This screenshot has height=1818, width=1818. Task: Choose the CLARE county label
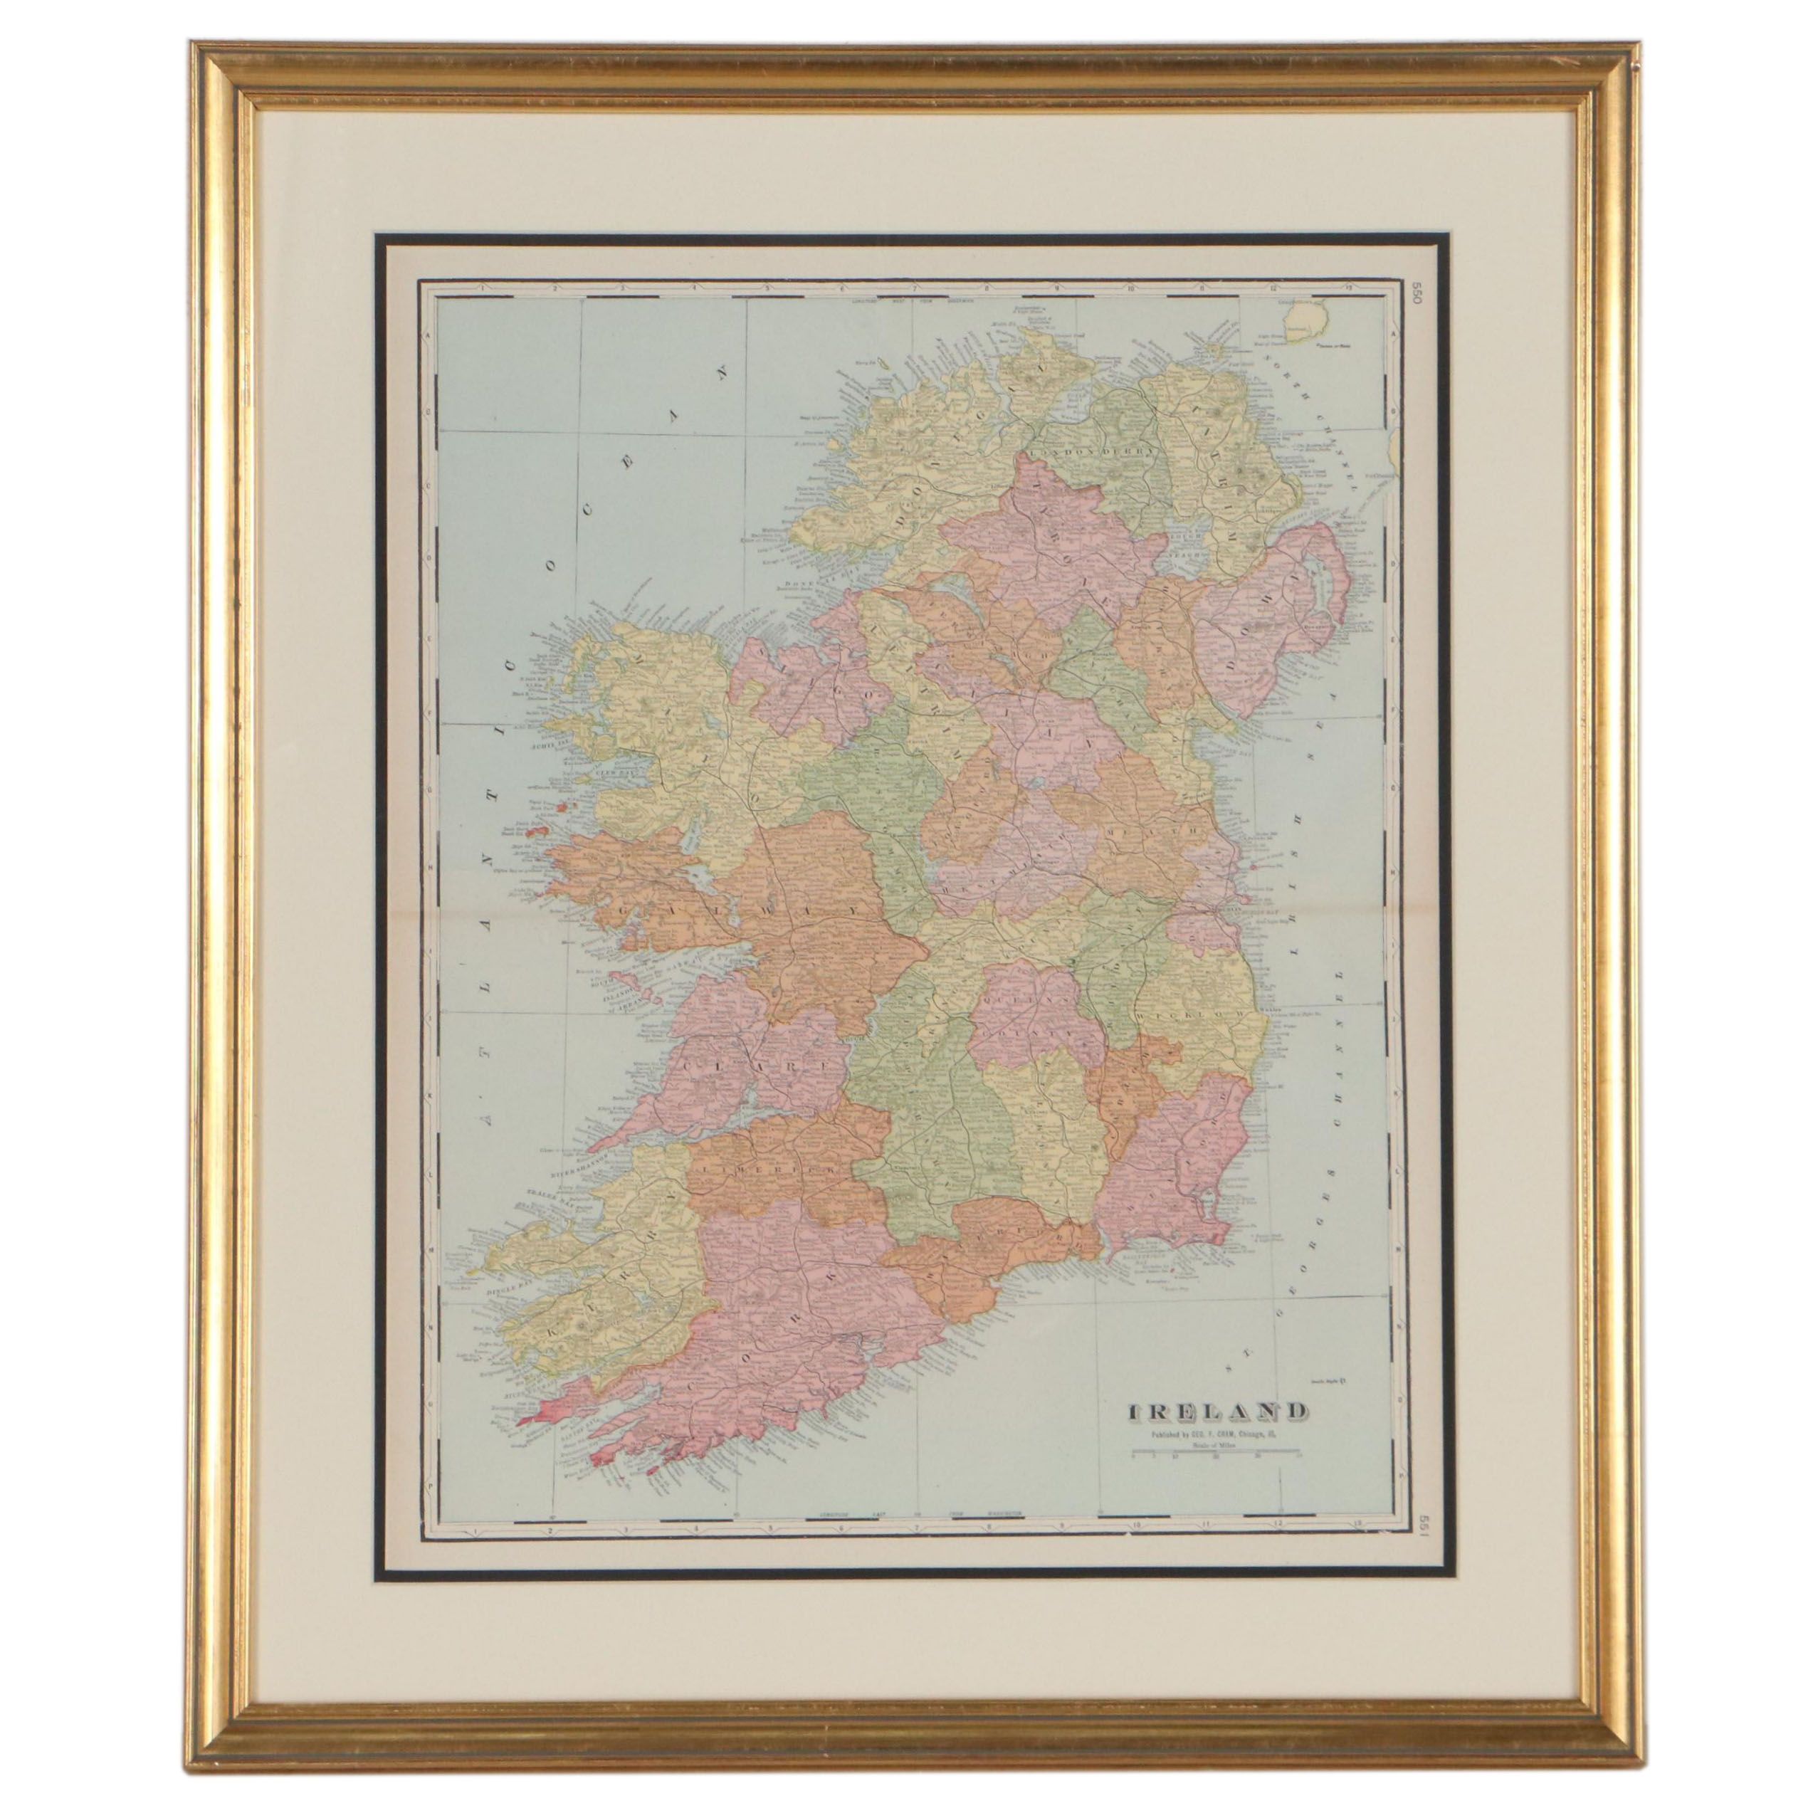point(734,1064)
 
